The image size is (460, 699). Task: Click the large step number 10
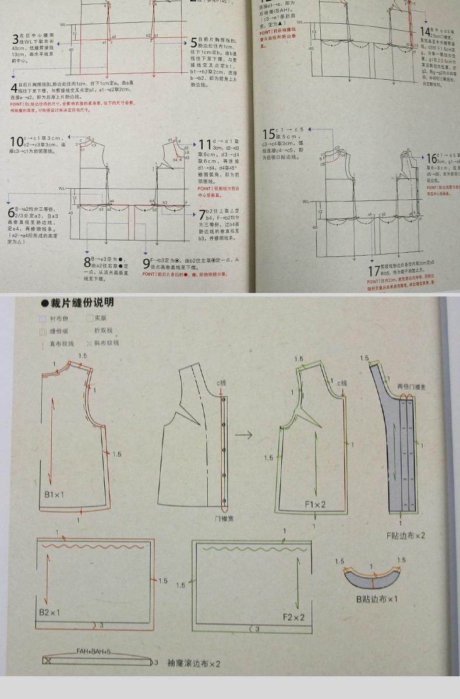tap(16, 142)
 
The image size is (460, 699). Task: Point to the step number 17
tap(374, 271)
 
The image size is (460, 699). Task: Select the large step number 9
tap(146, 263)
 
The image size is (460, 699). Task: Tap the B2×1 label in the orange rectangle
tap(49, 612)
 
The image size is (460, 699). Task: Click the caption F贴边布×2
tap(406, 535)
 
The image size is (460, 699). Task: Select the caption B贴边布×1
tap(377, 598)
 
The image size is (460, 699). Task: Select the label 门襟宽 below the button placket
tap(224, 517)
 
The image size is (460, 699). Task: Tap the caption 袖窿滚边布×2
tap(193, 663)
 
